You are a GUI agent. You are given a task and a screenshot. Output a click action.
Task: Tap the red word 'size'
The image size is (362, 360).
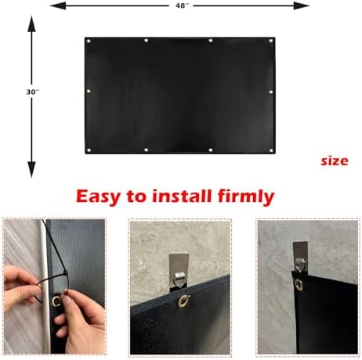pos(334,160)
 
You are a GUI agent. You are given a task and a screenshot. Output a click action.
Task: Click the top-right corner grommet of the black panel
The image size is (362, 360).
pos(271,40)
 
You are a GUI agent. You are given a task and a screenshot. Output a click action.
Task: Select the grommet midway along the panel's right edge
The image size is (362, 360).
pos(271,92)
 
